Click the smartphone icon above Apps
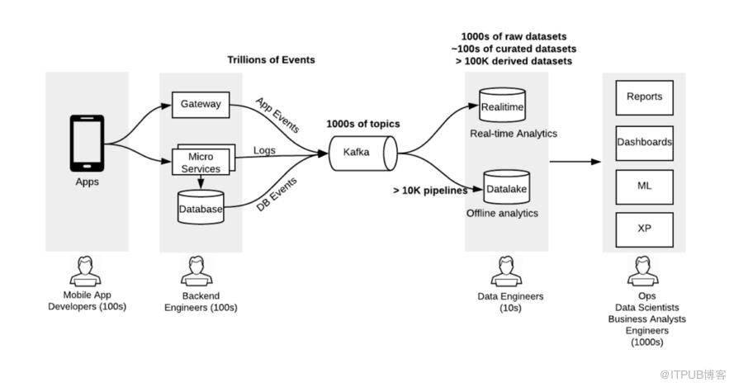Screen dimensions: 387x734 click(x=87, y=143)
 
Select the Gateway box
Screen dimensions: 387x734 click(x=201, y=105)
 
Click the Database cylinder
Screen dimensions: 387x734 click(x=201, y=208)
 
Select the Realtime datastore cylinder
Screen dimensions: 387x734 click(x=502, y=106)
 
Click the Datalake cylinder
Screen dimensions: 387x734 click(x=505, y=188)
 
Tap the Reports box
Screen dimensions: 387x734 click(x=644, y=97)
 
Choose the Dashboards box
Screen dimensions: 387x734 click(x=644, y=142)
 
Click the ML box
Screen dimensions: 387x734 click(x=644, y=186)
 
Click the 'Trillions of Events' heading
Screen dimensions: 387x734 click(x=271, y=60)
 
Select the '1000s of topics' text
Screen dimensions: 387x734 click(x=363, y=124)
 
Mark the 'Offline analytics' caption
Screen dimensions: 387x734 click(x=502, y=214)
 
